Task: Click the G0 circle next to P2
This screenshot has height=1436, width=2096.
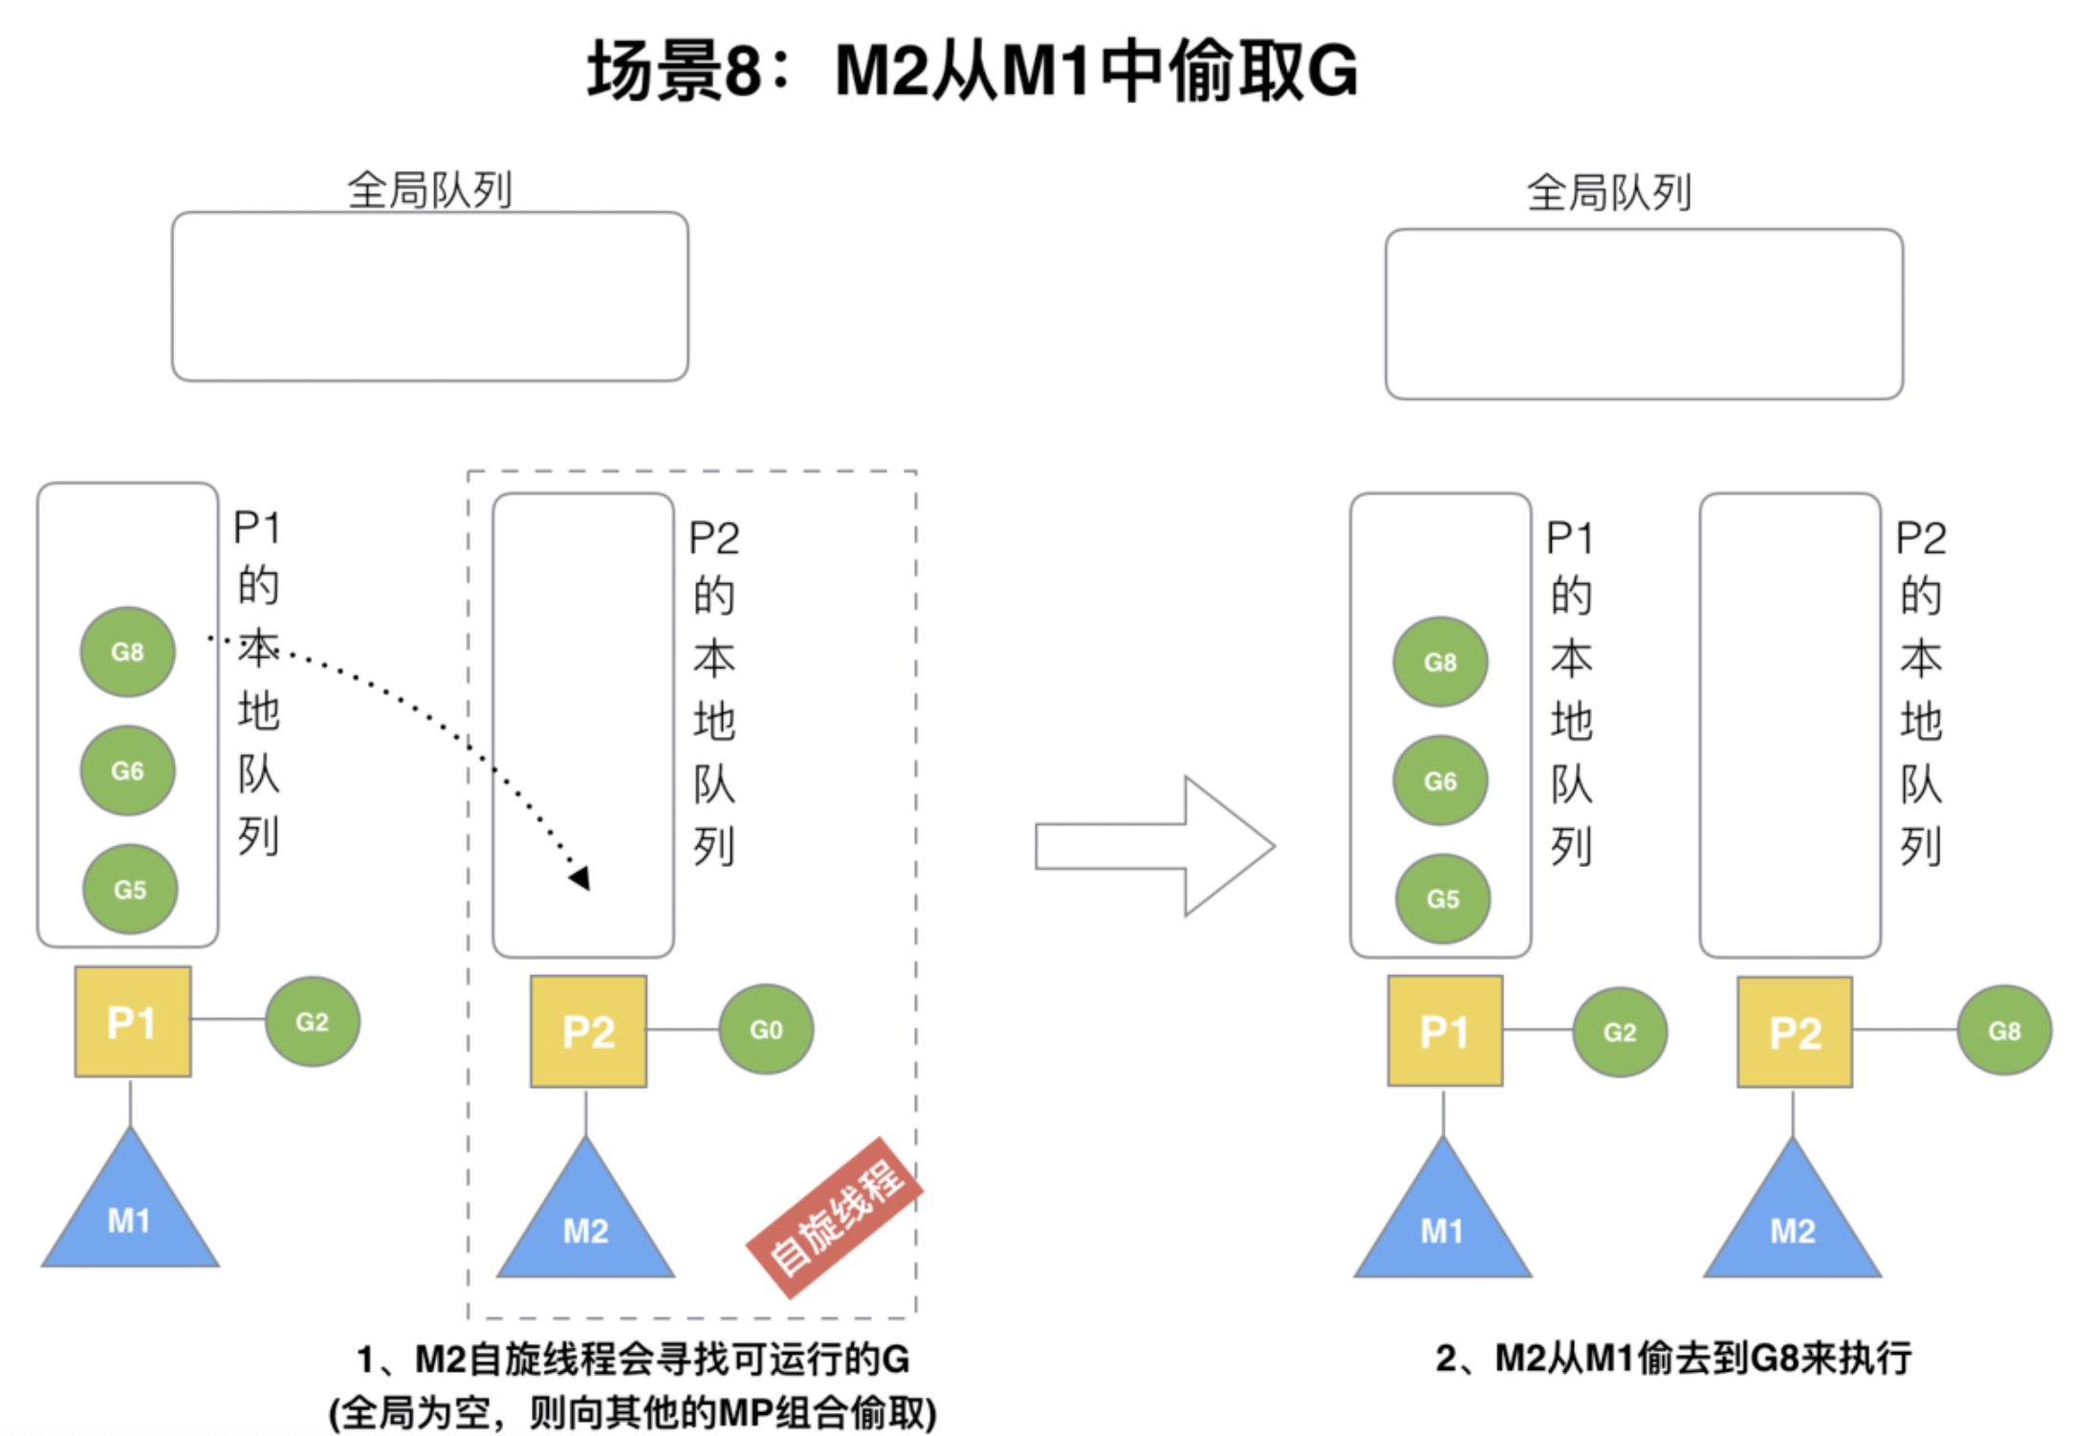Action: [x=766, y=1030]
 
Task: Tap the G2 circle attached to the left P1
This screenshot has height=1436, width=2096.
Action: [x=313, y=1021]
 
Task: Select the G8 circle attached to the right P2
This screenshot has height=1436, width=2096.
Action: [x=2004, y=1031]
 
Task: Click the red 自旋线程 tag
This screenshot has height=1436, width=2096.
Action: [x=835, y=1217]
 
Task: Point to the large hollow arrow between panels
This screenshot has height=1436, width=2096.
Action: [x=1155, y=846]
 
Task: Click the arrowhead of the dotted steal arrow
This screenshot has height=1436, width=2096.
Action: [x=579, y=877]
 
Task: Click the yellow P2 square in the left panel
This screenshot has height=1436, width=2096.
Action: [x=588, y=1032]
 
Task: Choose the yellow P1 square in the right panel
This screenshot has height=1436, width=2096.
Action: [x=1444, y=1031]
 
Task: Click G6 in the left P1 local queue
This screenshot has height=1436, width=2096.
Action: [x=127, y=771]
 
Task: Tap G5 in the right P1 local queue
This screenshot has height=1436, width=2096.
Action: [x=1442, y=899]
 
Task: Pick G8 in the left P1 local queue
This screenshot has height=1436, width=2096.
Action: [x=127, y=652]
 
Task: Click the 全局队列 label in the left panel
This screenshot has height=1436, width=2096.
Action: [x=429, y=190]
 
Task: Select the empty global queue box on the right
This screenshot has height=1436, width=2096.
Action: [x=1643, y=314]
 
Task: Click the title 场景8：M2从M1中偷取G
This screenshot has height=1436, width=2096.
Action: [x=972, y=71]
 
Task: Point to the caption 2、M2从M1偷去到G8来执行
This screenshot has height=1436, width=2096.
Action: [x=1673, y=1358]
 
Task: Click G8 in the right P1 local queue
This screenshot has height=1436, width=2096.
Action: [x=1440, y=662]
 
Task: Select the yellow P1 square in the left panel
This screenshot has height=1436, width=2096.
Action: [x=132, y=1021]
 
